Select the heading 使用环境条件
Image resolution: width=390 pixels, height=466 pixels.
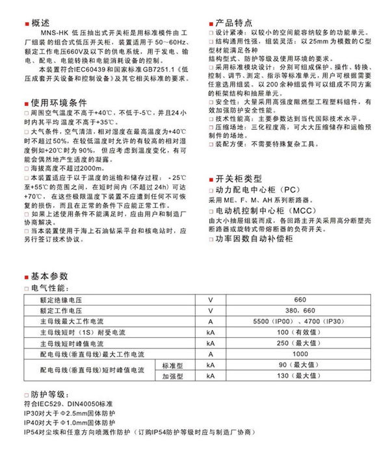pos(55,101)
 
